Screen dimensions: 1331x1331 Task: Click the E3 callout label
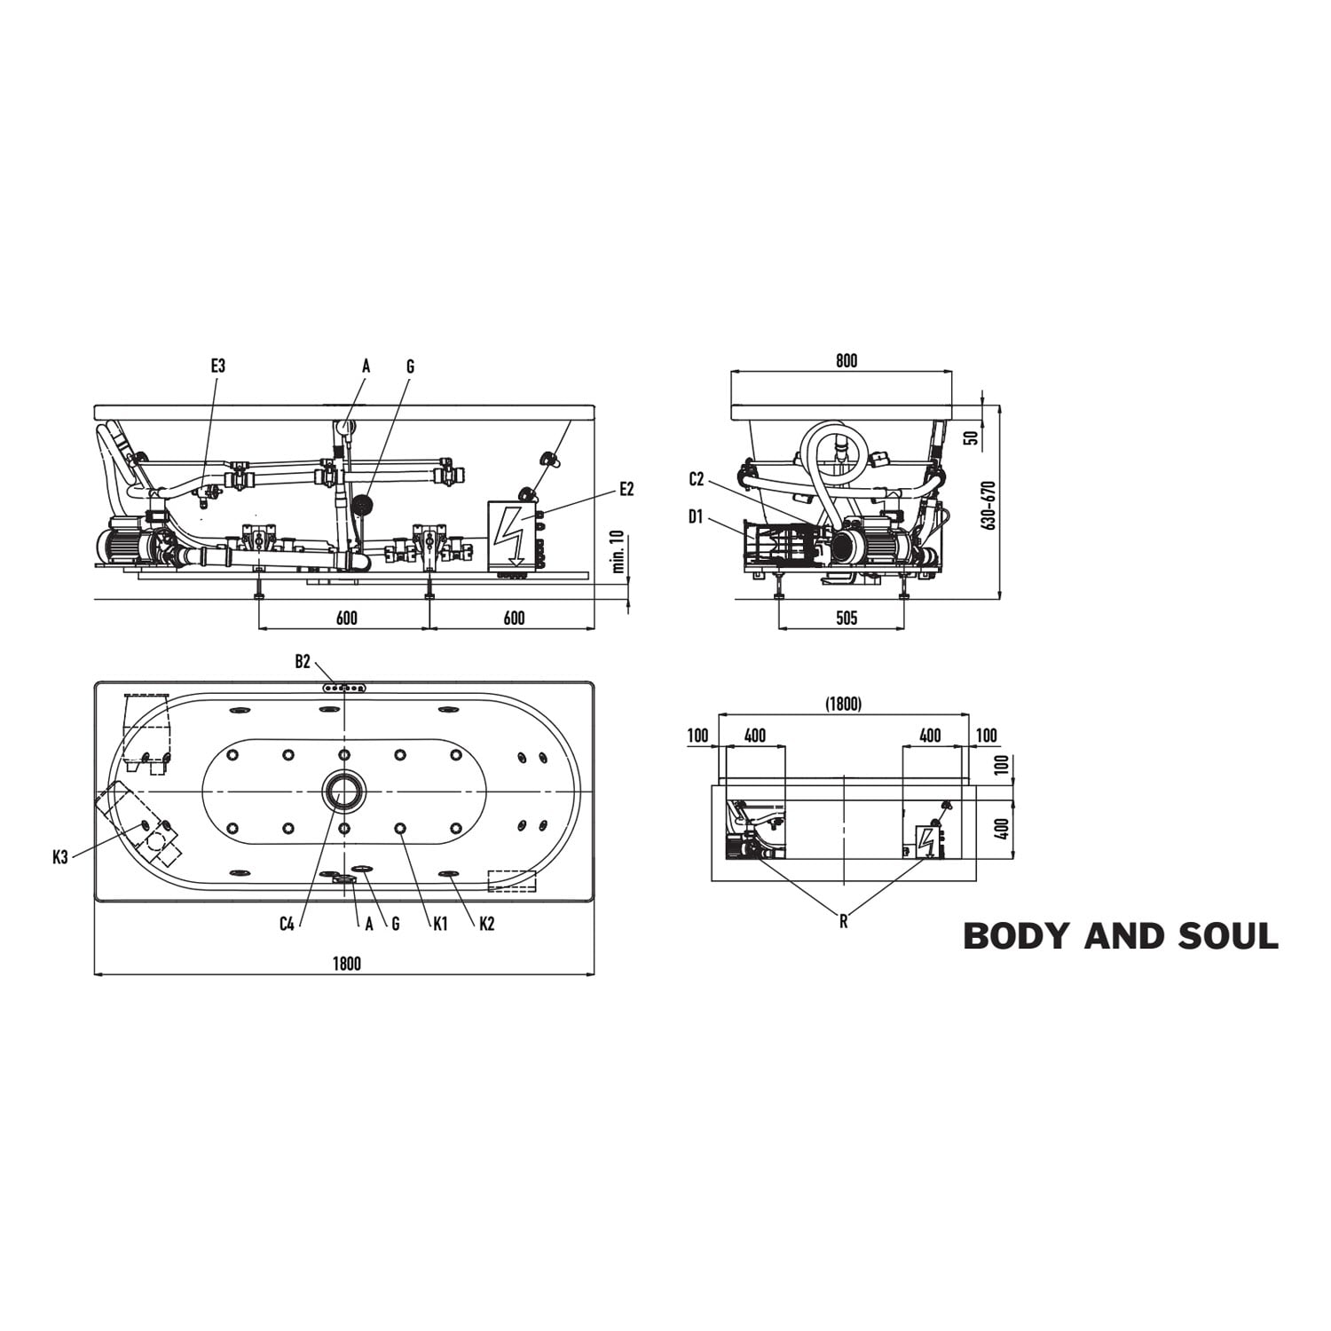(218, 366)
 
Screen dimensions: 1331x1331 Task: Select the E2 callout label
(627, 489)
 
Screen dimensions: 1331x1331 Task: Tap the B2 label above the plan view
(303, 661)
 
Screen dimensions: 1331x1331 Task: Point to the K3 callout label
(60, 857)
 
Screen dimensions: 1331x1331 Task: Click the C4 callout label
(287, 925)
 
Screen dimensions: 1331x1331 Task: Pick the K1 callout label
(440, 925)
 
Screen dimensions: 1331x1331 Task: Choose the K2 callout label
(486, 925)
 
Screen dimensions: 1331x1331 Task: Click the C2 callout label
(697, 480)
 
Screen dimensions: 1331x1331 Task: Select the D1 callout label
(696, 516)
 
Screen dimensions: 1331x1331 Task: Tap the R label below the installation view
(844, 922)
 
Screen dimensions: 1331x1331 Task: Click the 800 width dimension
(847, 361)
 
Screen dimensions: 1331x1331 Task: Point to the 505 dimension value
(847, 618)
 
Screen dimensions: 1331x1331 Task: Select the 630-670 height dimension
(990, 505)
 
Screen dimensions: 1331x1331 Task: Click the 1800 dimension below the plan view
(346, 964)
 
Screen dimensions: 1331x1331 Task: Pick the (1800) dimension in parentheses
(843, 704)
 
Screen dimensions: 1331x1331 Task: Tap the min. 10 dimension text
(618, 552)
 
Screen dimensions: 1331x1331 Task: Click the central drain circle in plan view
(343, 790)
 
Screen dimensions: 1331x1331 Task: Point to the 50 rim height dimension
(971, 437)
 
